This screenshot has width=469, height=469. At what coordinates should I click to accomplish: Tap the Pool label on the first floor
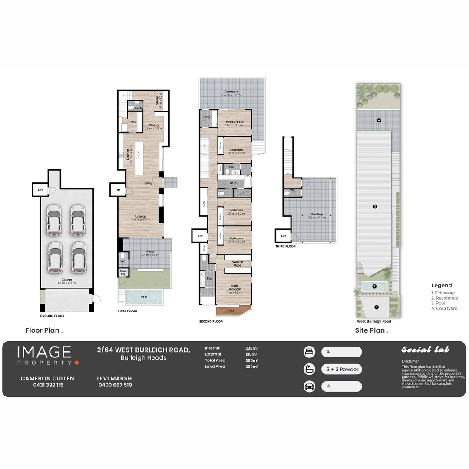143,297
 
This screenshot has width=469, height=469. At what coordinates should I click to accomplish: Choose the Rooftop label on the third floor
317,216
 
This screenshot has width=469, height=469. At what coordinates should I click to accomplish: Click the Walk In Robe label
237,264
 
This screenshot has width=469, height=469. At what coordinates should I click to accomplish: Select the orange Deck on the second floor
231,310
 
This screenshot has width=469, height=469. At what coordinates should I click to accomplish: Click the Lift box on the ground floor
40,190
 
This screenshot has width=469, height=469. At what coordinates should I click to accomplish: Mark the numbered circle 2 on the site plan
375,206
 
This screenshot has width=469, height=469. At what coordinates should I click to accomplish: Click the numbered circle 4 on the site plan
379,120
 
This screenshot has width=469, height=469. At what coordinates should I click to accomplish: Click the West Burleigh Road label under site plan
373,322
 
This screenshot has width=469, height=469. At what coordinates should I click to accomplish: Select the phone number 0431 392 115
48,385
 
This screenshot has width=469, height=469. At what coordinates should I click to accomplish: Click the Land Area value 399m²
252,367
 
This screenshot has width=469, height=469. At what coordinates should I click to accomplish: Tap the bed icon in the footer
309,352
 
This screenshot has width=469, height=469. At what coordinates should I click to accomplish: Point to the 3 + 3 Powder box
341,369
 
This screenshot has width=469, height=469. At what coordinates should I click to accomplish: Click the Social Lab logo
425,350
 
